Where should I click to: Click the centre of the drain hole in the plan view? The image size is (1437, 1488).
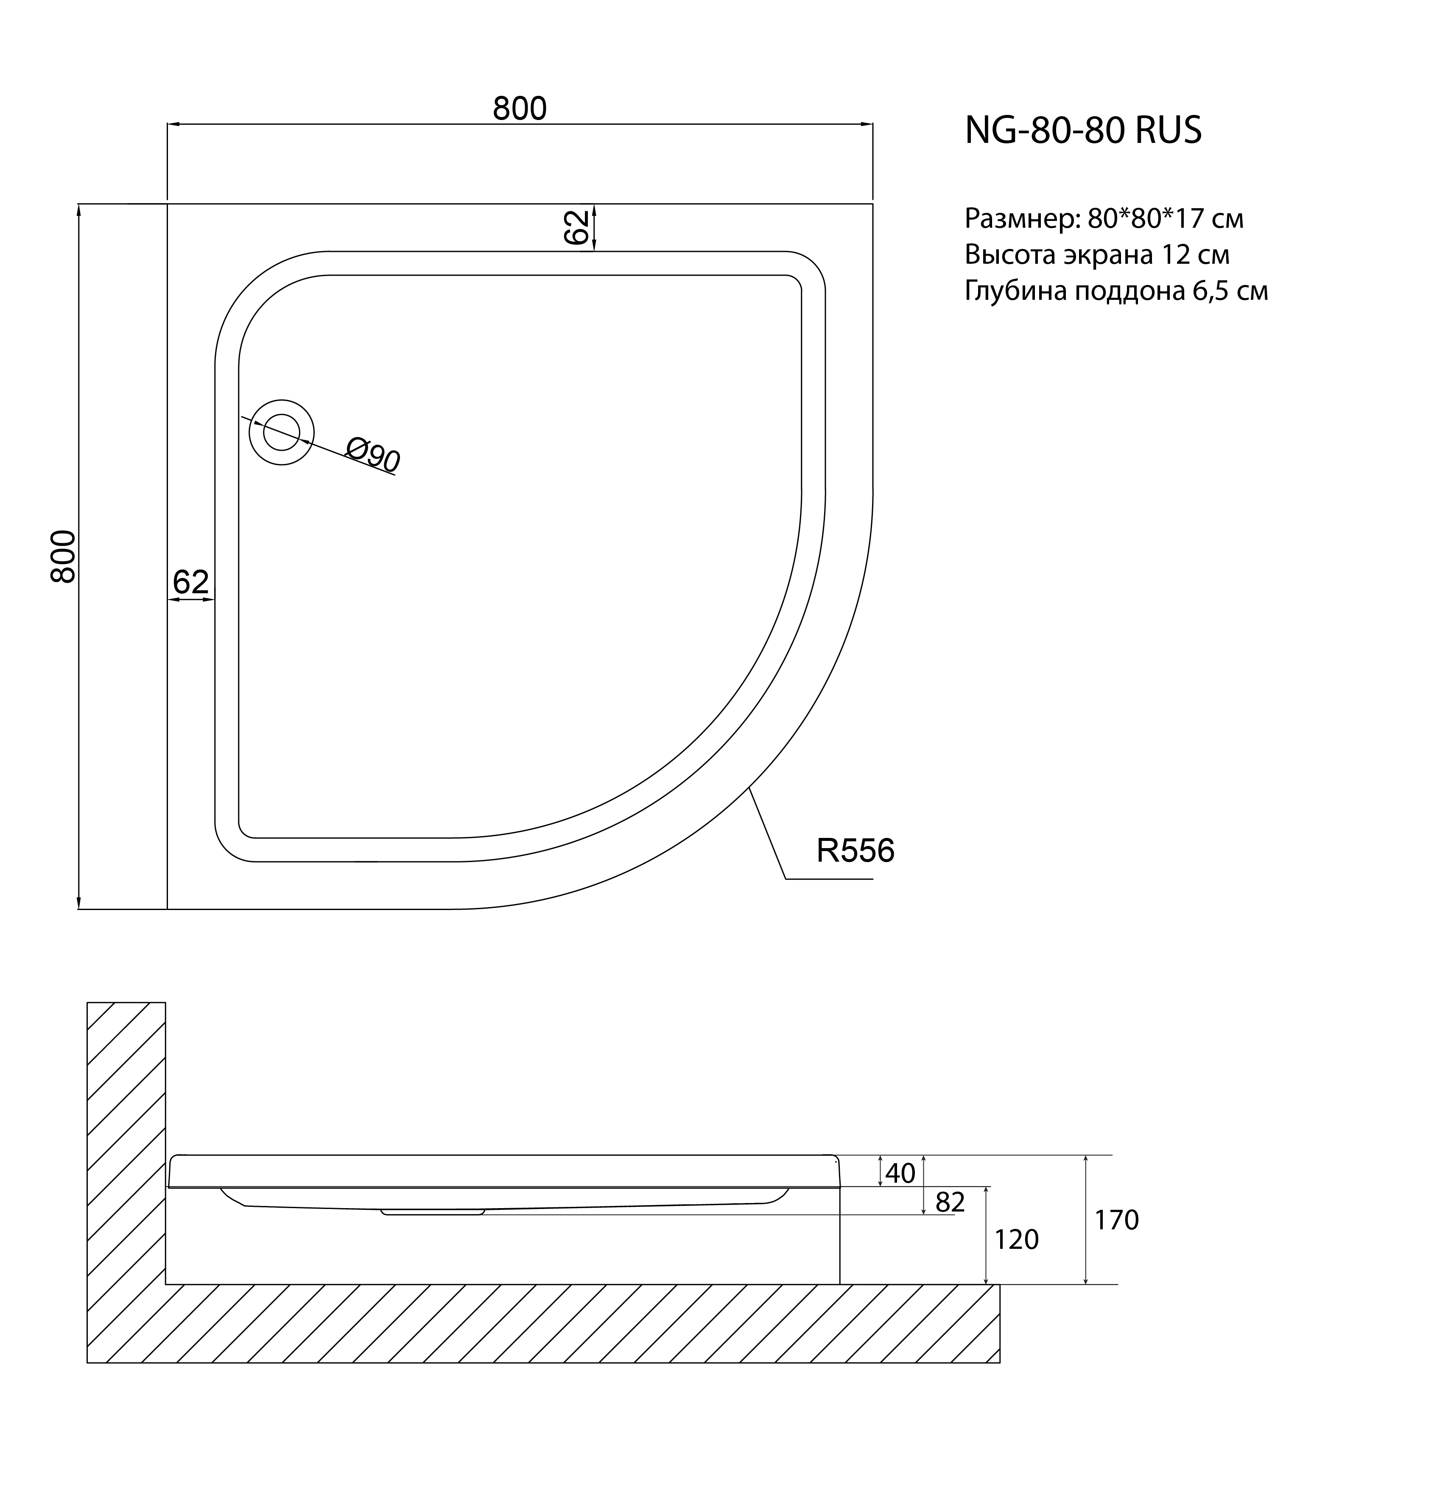point(282,433)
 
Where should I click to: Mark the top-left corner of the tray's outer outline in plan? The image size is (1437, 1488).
point(167,204)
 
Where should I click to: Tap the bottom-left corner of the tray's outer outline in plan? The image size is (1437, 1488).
point(167,909)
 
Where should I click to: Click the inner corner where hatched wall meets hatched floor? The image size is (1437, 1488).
point(165,1284)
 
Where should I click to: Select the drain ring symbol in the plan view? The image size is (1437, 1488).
point(282,433)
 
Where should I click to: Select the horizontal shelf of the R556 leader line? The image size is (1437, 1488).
point(829,879)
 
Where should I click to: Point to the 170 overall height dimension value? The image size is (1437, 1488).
point(1116,1220)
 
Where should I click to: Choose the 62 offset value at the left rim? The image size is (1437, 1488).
point(190,582)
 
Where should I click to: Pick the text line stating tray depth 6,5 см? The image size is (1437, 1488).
point(1116,291)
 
